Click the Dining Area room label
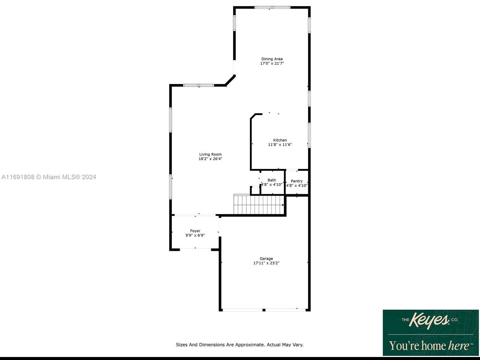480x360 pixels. [272, 59]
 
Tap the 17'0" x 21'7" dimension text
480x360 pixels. [272, 63]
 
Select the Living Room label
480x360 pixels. [210, 154]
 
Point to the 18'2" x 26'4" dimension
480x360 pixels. [210, 159]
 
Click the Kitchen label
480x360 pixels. [280, 140]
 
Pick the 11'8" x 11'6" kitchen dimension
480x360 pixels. [280, 144]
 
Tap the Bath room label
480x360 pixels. [272, 180]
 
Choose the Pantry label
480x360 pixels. [297, 181]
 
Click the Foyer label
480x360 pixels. [195, 231]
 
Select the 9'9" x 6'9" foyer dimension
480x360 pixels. [195, 235]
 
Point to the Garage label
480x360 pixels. [266, 258]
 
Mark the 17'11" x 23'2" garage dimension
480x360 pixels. [266, 263]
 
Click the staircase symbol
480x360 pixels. [259, 205]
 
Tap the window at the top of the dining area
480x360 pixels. [273, 7]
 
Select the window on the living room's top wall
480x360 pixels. [198, 85]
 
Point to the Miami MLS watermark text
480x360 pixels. [49, 177]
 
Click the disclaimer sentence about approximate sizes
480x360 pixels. [240, 345]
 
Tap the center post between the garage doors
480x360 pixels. [264, 310]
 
